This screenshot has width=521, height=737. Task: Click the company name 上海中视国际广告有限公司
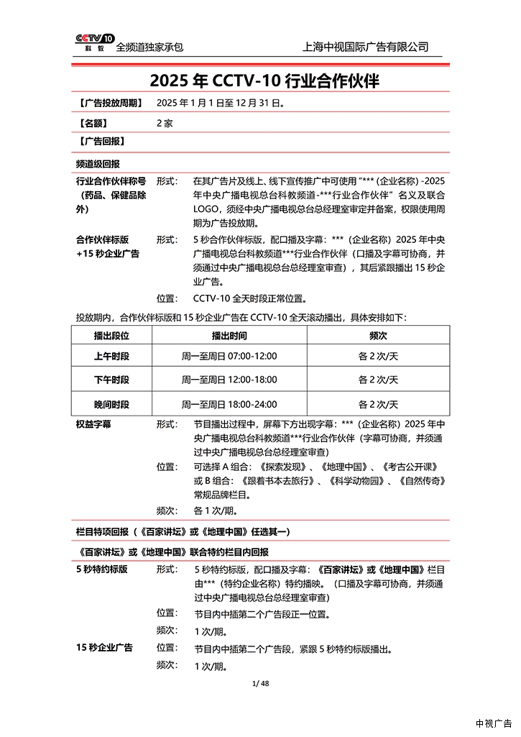(366, 47)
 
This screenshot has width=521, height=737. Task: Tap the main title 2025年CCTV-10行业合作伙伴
(264, 81)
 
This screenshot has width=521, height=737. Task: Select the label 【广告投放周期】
(109, 104)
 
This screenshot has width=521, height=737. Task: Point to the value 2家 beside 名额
(165, 123)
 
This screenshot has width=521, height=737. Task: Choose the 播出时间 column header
(229, 335)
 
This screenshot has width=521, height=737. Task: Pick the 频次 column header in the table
(378, 335)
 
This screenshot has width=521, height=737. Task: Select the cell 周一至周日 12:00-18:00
(229, 380)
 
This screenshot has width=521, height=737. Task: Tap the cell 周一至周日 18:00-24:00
(229, 404)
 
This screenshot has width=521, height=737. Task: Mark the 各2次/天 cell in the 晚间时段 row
(378, 404)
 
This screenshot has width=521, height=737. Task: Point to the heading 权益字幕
(93, 424)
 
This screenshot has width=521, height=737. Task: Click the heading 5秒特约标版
(102, 569)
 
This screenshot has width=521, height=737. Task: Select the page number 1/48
(261, 683)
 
